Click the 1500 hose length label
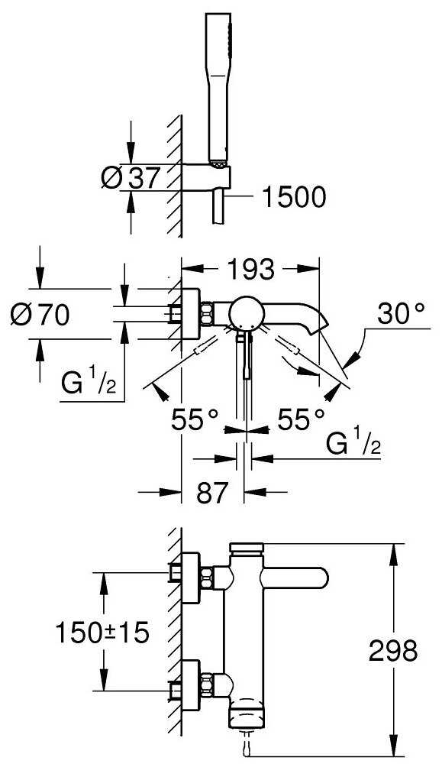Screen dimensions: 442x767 [x=293, y=197]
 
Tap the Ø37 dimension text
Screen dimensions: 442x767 [x=131, y=177]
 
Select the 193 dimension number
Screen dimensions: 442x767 [x=250, y=269]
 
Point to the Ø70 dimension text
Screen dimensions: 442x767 [x=40, y=315]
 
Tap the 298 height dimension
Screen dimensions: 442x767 [x=393, y=651]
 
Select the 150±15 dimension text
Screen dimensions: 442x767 [x=102, y=633]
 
